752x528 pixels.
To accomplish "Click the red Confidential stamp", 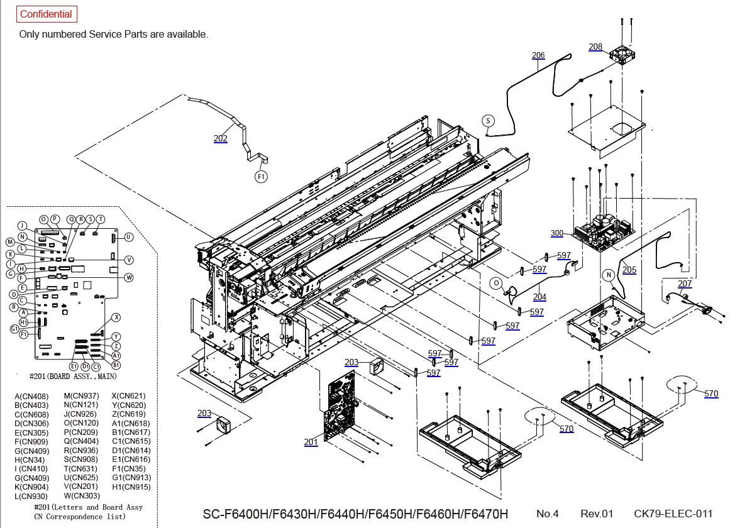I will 46,14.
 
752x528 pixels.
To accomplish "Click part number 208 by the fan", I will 595,47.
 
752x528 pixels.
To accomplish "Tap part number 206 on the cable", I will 538,55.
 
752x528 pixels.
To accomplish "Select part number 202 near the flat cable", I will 221,138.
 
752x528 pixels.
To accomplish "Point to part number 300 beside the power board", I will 557,233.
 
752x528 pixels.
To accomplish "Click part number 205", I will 629,270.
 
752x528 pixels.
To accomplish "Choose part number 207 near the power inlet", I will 685,284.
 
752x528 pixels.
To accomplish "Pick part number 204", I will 539,297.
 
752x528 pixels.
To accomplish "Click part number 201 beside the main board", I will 311,443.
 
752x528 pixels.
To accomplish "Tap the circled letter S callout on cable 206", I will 489,120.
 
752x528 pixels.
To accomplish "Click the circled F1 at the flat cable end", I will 262,177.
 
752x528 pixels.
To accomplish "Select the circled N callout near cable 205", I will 609,275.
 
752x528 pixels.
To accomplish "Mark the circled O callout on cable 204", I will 496,283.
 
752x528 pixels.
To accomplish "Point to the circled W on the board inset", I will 128,277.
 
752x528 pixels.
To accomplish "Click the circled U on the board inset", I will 128,237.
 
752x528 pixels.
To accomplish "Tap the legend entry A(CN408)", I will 31,396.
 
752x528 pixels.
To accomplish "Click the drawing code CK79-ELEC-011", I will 673,514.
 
